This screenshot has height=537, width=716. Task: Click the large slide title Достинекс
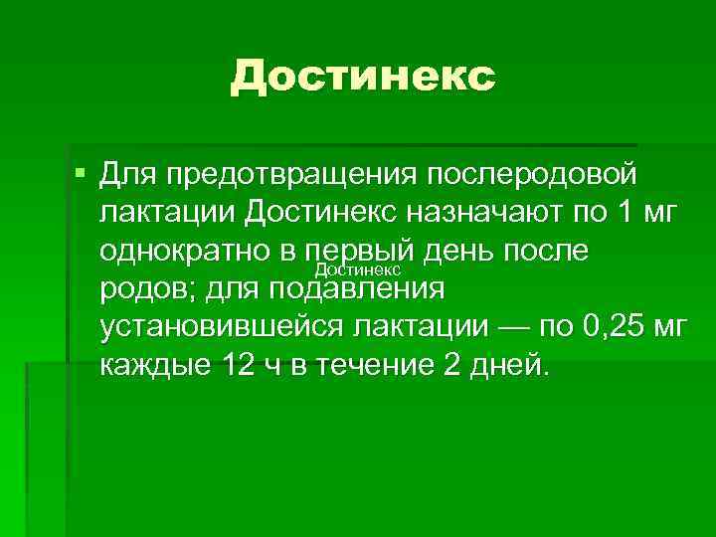tap(362, 77)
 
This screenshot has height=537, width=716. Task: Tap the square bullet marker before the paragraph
tap(81, 175)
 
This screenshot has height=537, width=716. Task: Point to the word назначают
tap(482, 212)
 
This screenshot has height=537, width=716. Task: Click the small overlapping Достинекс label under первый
tap(357, 270)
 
